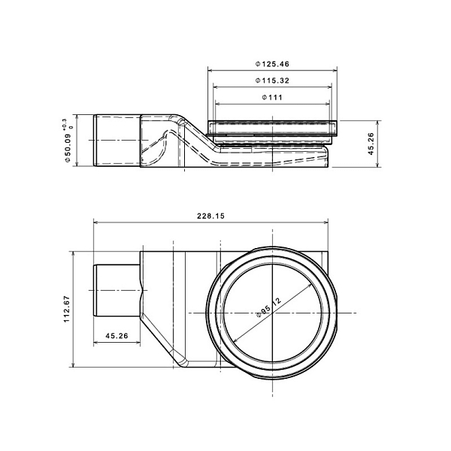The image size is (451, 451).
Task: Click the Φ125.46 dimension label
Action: (272, 64)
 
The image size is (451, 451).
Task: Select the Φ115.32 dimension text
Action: (272, 80)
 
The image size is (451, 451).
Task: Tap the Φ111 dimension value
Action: (272, 97)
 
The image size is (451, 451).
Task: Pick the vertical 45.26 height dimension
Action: (371, 144)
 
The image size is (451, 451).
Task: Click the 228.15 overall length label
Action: (210, 216)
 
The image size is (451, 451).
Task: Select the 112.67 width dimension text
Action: (67, 309)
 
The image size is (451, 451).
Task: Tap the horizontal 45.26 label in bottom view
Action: (117, 336)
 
